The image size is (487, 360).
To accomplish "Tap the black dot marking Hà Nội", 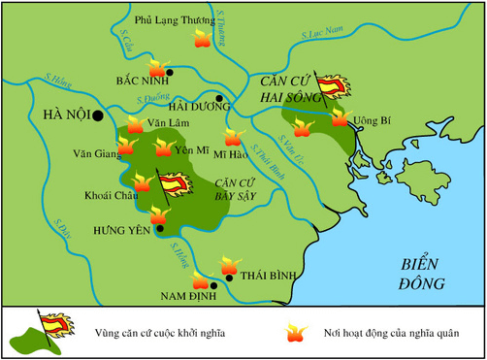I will tap(98, 115).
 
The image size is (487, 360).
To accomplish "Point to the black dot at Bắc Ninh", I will tap(170, 73).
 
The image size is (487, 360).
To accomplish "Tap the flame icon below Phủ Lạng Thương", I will tap(202, 38).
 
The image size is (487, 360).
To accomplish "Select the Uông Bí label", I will tap(372, 121).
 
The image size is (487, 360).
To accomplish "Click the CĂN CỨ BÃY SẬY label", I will tap(240, 189).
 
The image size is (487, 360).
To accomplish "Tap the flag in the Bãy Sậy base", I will tap(172, 183).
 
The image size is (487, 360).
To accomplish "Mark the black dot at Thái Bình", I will tap(229, 278).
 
